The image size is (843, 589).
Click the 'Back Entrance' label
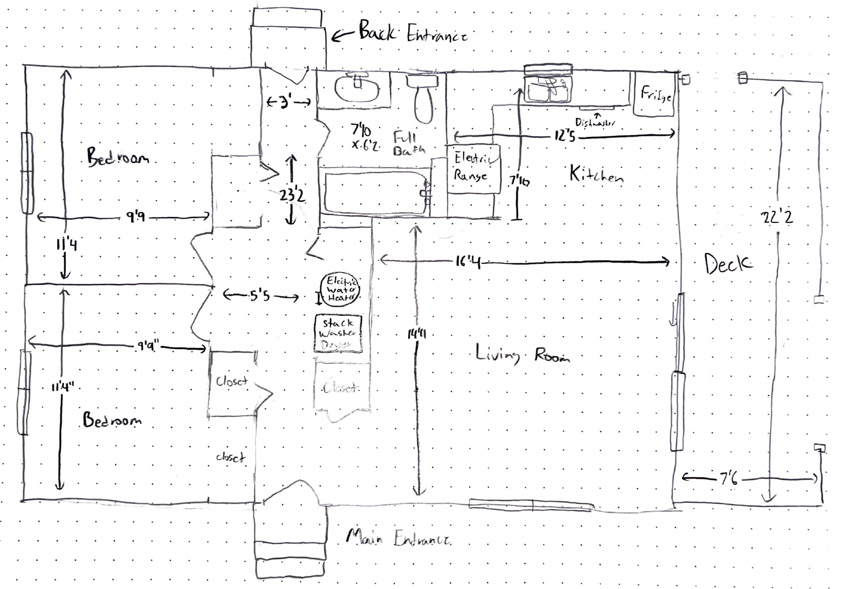point(412,33)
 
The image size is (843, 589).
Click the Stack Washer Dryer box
point(338,333)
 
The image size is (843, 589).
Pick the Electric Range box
point(472,168)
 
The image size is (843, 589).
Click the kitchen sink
point(547,88)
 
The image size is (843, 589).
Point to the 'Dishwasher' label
point(595,123)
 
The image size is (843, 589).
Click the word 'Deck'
point(728,264)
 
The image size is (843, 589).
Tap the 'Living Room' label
point(522,355)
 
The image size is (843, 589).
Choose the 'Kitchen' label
point(596,175)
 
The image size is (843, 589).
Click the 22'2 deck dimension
point(777,218)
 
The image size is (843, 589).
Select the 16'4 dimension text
point(468,262)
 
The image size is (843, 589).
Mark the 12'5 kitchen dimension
point(565,135)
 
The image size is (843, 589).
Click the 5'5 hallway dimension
point(260,296)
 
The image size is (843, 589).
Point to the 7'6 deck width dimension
point(729,479)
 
